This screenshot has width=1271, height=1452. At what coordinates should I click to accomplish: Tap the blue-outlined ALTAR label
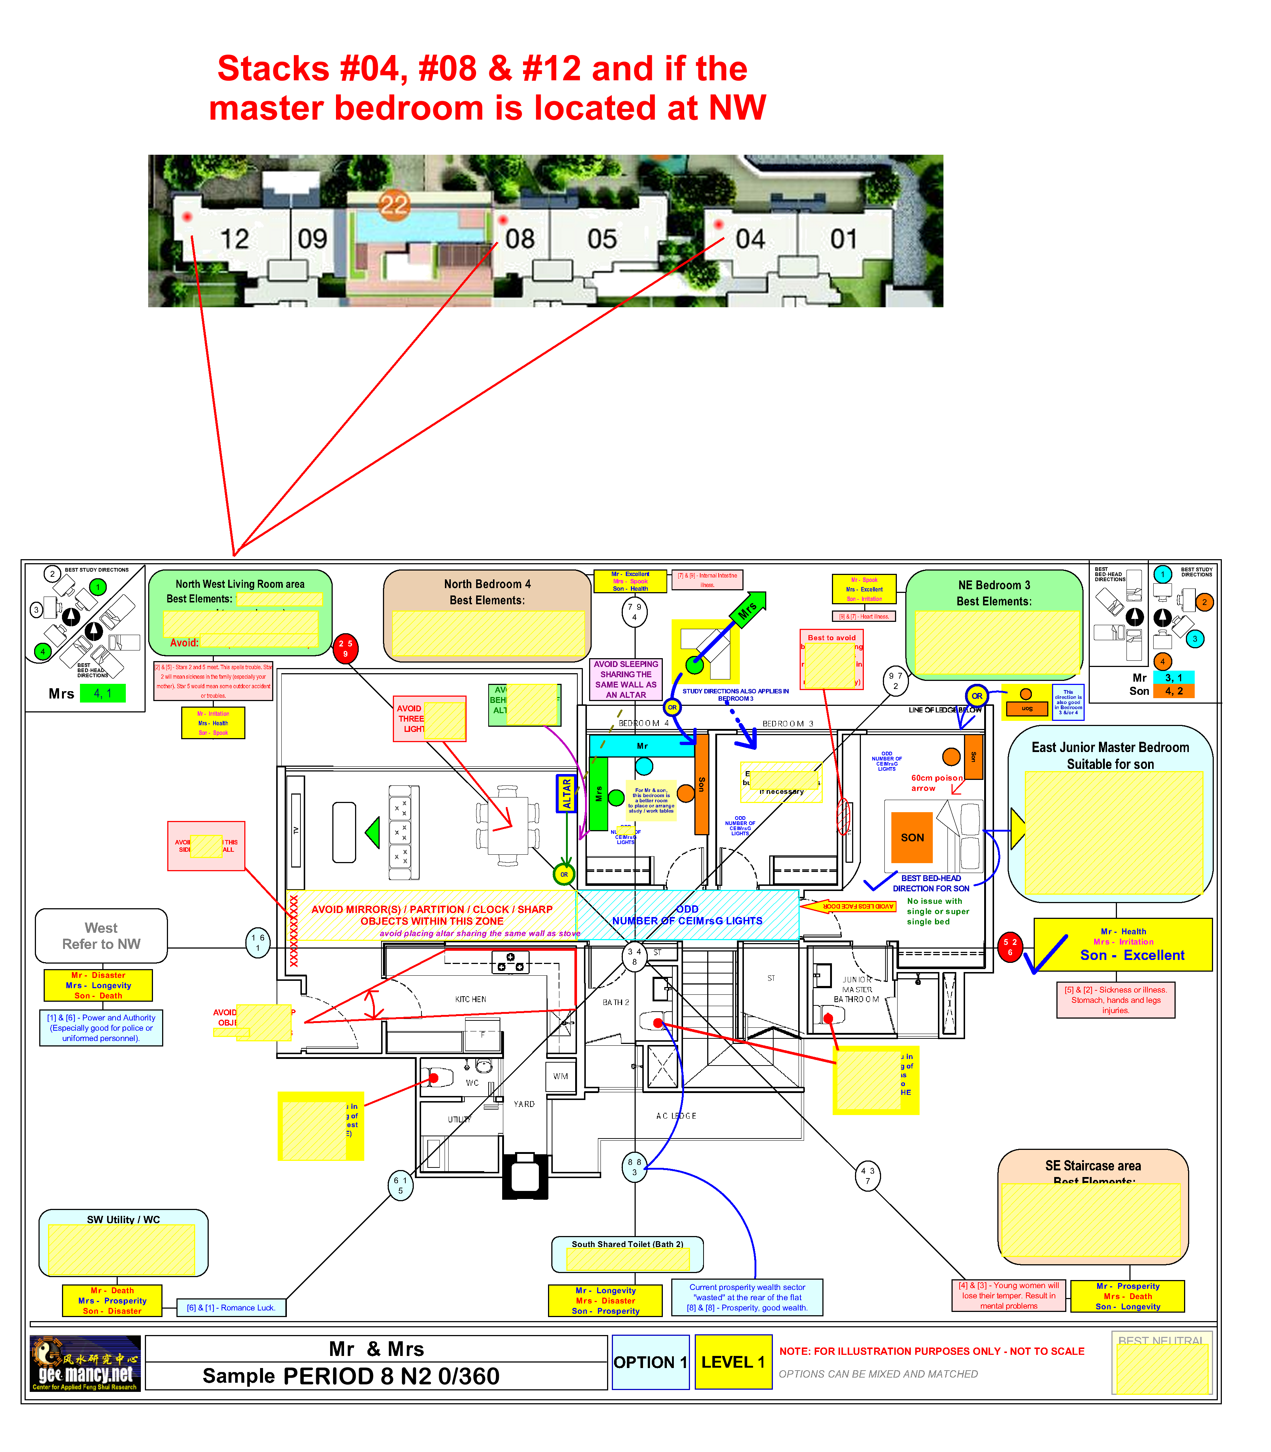point(566,793)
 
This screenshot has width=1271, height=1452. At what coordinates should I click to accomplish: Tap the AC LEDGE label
point(676,1116)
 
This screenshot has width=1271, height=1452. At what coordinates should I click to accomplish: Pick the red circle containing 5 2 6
point(1010,946)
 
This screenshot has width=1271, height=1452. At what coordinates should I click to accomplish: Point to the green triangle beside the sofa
point(373,832)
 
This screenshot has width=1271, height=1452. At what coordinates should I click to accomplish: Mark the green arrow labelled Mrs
point(747,610)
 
